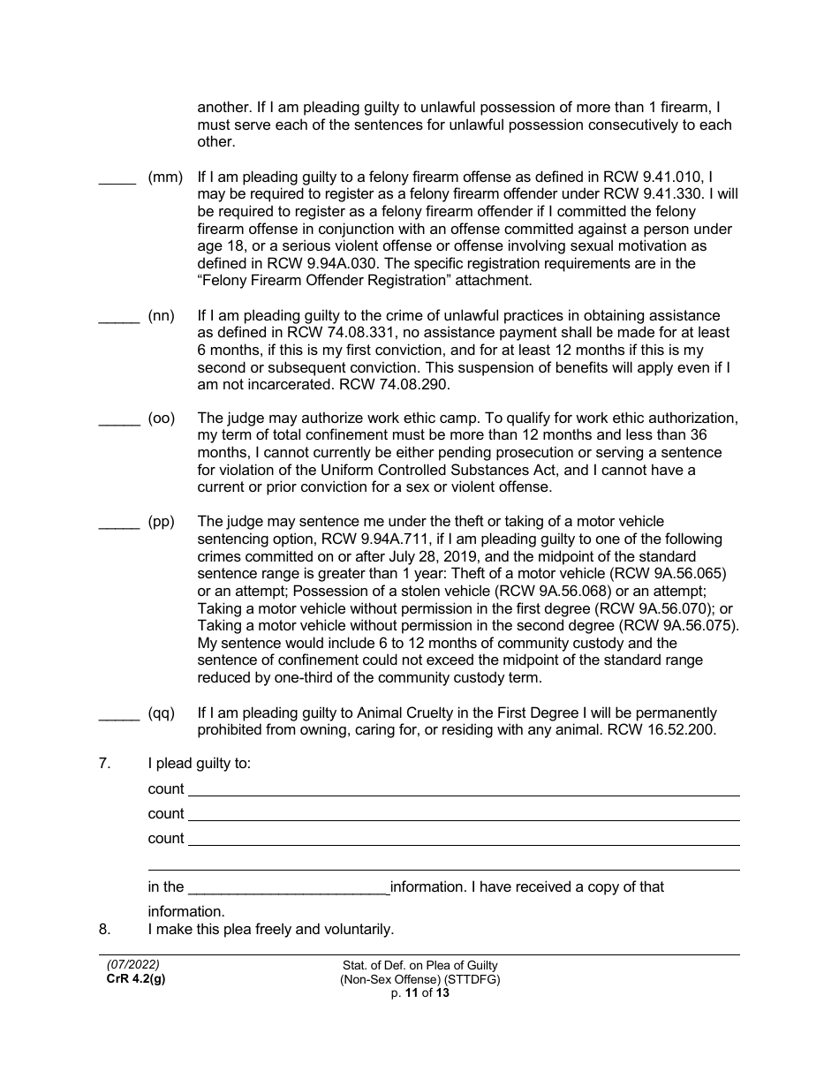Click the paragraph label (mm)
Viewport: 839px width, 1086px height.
click(165, 177)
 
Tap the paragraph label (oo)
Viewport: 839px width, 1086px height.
click(162, 419)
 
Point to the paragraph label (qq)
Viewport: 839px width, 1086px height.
click(162, 713)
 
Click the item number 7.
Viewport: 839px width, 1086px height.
click(104, 764)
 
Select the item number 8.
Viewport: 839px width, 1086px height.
click(104, 930)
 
